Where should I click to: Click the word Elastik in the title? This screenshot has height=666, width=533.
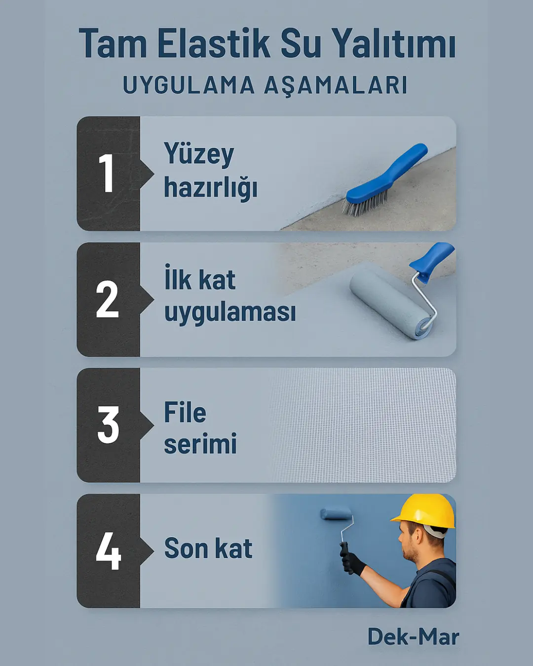[x=213, y=44]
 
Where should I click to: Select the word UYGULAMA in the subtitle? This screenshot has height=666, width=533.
[x=189, y=85]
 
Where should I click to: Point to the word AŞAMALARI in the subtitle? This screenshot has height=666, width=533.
[x=336, y=86]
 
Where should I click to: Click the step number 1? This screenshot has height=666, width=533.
[x=107, y=173]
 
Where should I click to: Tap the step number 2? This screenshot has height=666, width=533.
[x=108, y=299]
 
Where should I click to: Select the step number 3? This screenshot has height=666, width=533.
[x=108, y=425]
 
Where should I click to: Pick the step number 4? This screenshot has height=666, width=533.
[x=108, y=551]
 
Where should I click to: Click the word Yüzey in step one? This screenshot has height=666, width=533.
[x=199, y=154]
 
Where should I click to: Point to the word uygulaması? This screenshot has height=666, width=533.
[x=230, y=313]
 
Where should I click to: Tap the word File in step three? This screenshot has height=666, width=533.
[x=185, y=412]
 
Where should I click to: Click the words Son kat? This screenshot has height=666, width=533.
[x=208, y=549]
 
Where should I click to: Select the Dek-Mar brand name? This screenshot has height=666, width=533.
[x=413, y=637]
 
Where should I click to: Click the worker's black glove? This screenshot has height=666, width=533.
[x=353, y=563]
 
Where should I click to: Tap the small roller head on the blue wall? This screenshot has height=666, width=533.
[x=336, y=515]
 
